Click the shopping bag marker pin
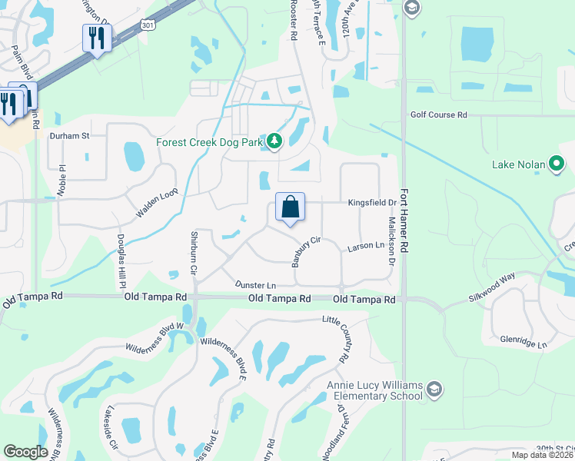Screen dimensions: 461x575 290,208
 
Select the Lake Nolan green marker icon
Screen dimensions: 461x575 558,164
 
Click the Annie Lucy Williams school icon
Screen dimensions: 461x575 434,387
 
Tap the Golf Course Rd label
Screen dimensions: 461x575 438,115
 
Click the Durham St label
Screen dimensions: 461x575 70,136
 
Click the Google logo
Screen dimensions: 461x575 25,452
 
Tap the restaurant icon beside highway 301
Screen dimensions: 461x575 97,38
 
